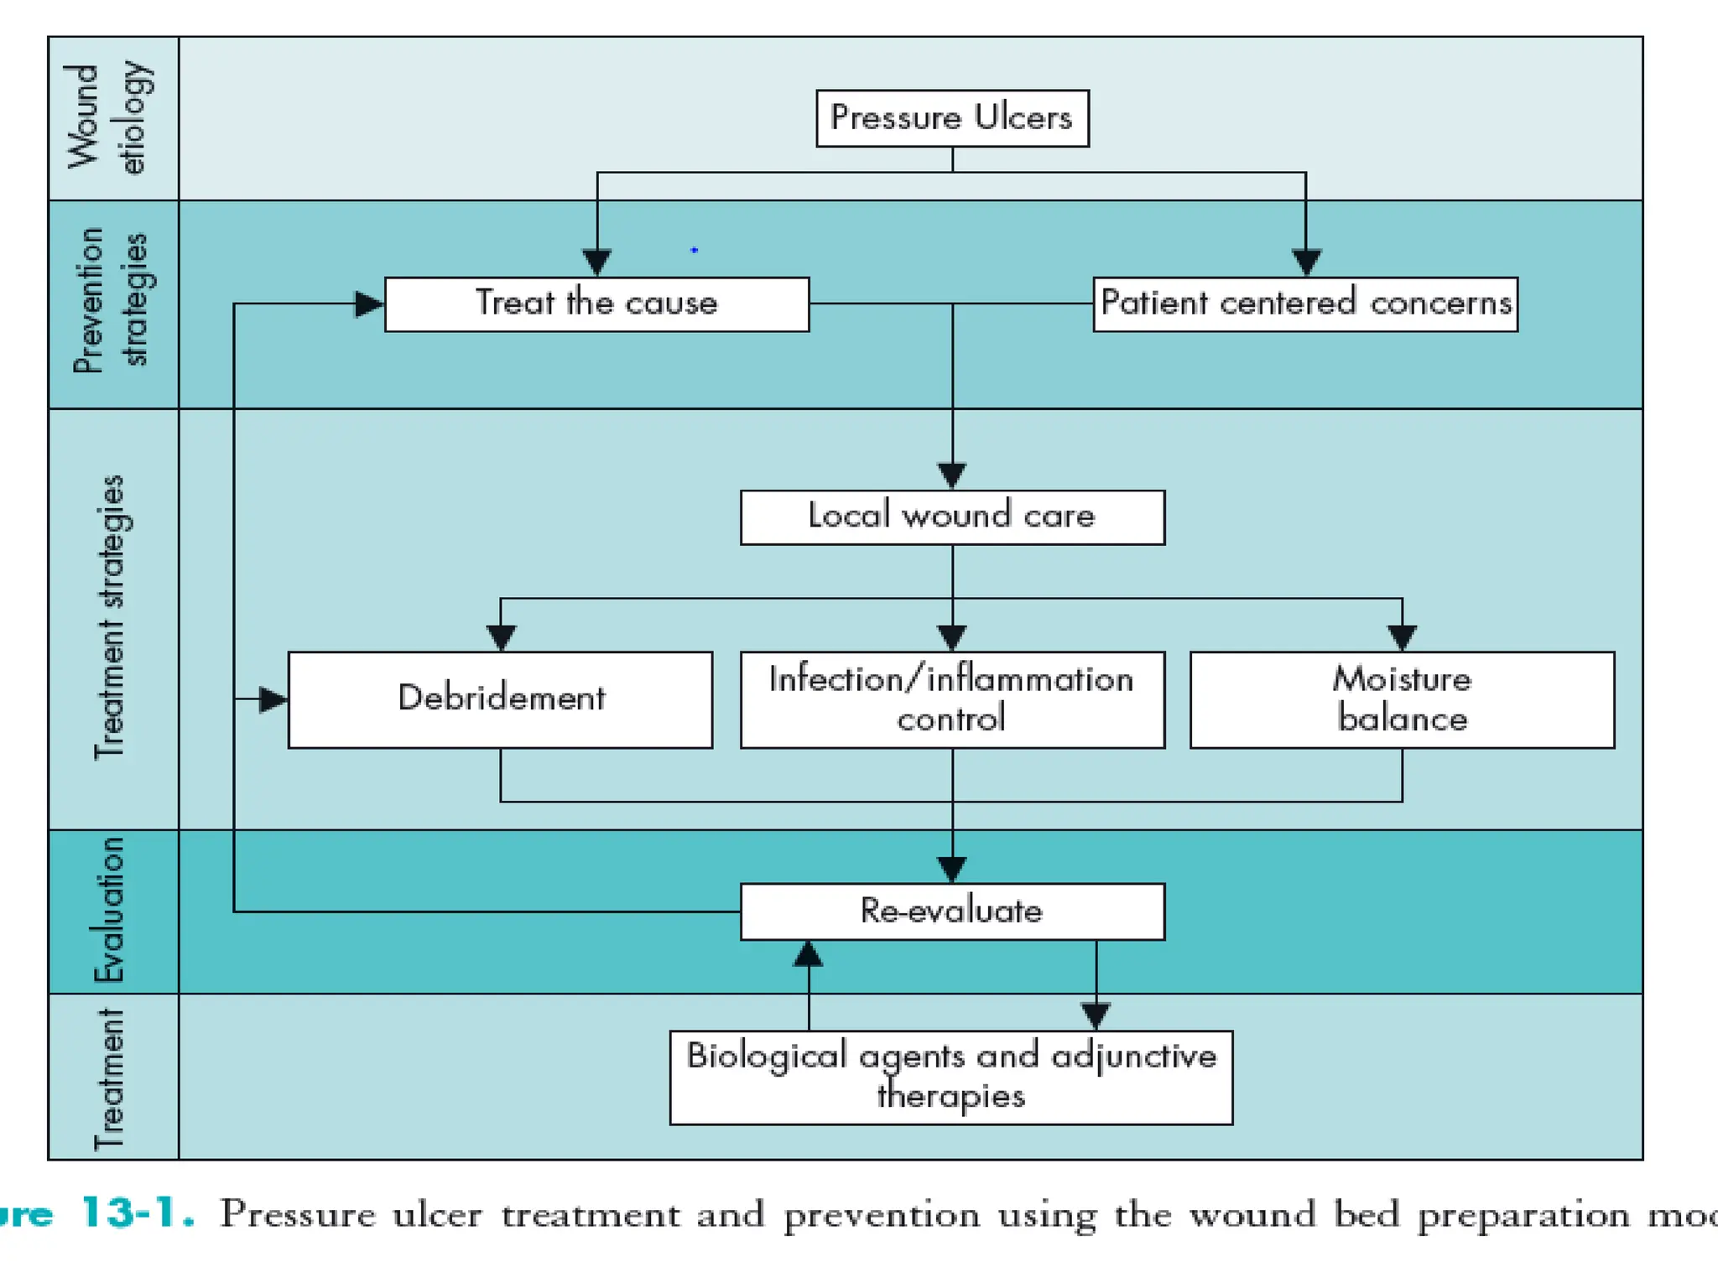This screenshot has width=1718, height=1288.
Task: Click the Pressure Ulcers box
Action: (952, 118)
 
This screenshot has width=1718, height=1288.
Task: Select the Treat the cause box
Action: (596, 304)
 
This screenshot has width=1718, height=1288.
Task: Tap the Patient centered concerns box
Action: (1305, 304)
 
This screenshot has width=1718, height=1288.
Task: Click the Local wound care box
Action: (952, 517)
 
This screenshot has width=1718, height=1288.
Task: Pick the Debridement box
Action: (500, 699)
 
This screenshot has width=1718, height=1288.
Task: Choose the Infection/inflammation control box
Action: (952, 699)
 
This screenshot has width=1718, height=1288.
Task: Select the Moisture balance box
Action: (1402, 699)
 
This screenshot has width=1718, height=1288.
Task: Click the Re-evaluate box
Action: (952, 911)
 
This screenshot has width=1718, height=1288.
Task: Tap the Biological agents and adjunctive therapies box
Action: (951, 1078)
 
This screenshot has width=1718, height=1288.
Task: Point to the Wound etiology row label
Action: (109, 117)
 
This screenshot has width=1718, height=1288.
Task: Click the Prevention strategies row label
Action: (111, 302)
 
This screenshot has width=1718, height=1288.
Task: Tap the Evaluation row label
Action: (109, 910)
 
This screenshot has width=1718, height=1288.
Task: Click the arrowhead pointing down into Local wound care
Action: (952, 475)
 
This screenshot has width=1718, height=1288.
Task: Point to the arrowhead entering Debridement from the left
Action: (273, 699)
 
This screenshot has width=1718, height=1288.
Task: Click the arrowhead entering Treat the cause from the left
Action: (368, 304)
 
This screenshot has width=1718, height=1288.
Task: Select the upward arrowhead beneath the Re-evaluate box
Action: (808, 953)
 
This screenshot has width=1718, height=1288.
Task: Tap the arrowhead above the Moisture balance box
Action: (1402, 637)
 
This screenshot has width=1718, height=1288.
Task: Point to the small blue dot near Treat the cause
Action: (694, 250)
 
